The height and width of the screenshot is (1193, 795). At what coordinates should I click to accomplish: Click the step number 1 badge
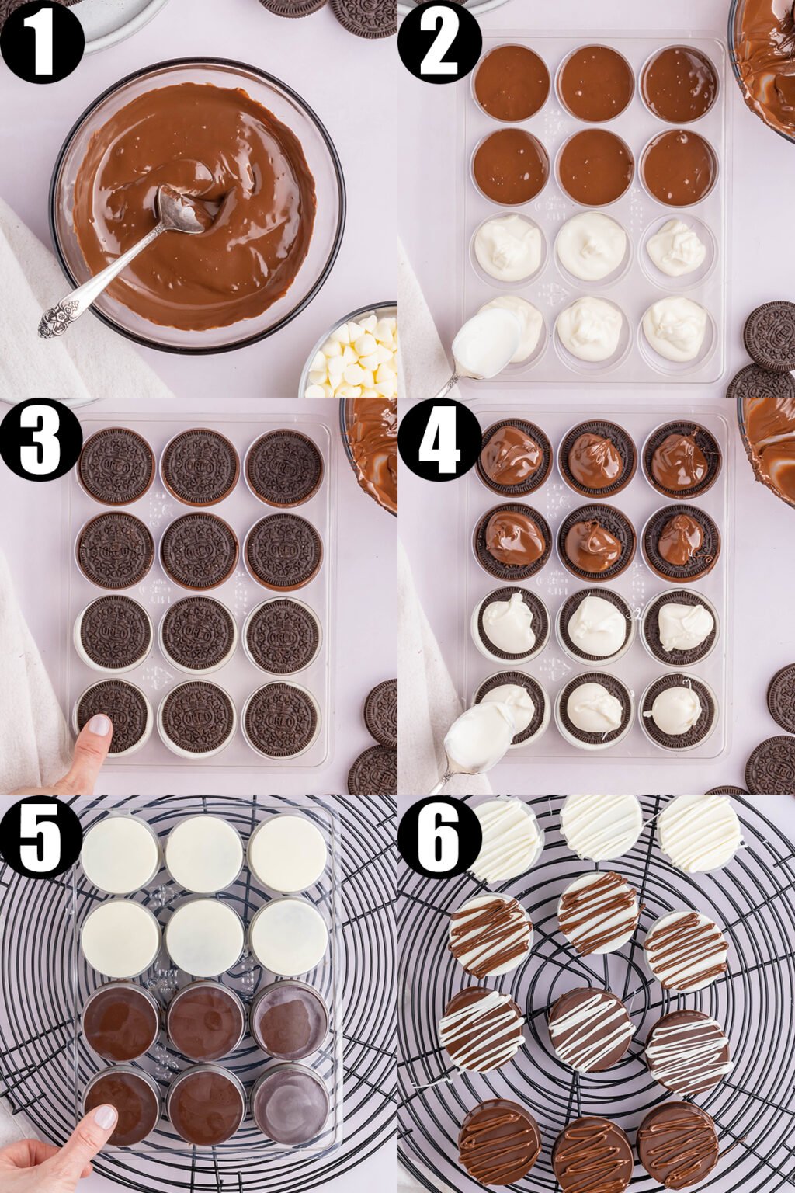coord(41,41)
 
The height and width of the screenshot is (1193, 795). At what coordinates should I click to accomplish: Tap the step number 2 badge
coord(439,41)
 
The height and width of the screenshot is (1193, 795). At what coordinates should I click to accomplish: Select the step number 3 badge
coord(41,440)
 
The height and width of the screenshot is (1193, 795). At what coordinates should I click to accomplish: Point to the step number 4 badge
coord(439,440)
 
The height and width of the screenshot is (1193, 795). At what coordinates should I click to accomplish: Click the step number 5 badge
coord(41,837)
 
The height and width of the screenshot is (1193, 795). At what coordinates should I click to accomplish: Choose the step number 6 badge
coord(439,837)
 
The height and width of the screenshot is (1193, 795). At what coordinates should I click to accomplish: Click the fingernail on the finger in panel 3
coord(99,725)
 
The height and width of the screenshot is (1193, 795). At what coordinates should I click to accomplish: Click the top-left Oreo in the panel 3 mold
coord(116,466)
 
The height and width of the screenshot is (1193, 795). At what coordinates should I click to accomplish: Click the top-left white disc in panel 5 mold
coord(120,854)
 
